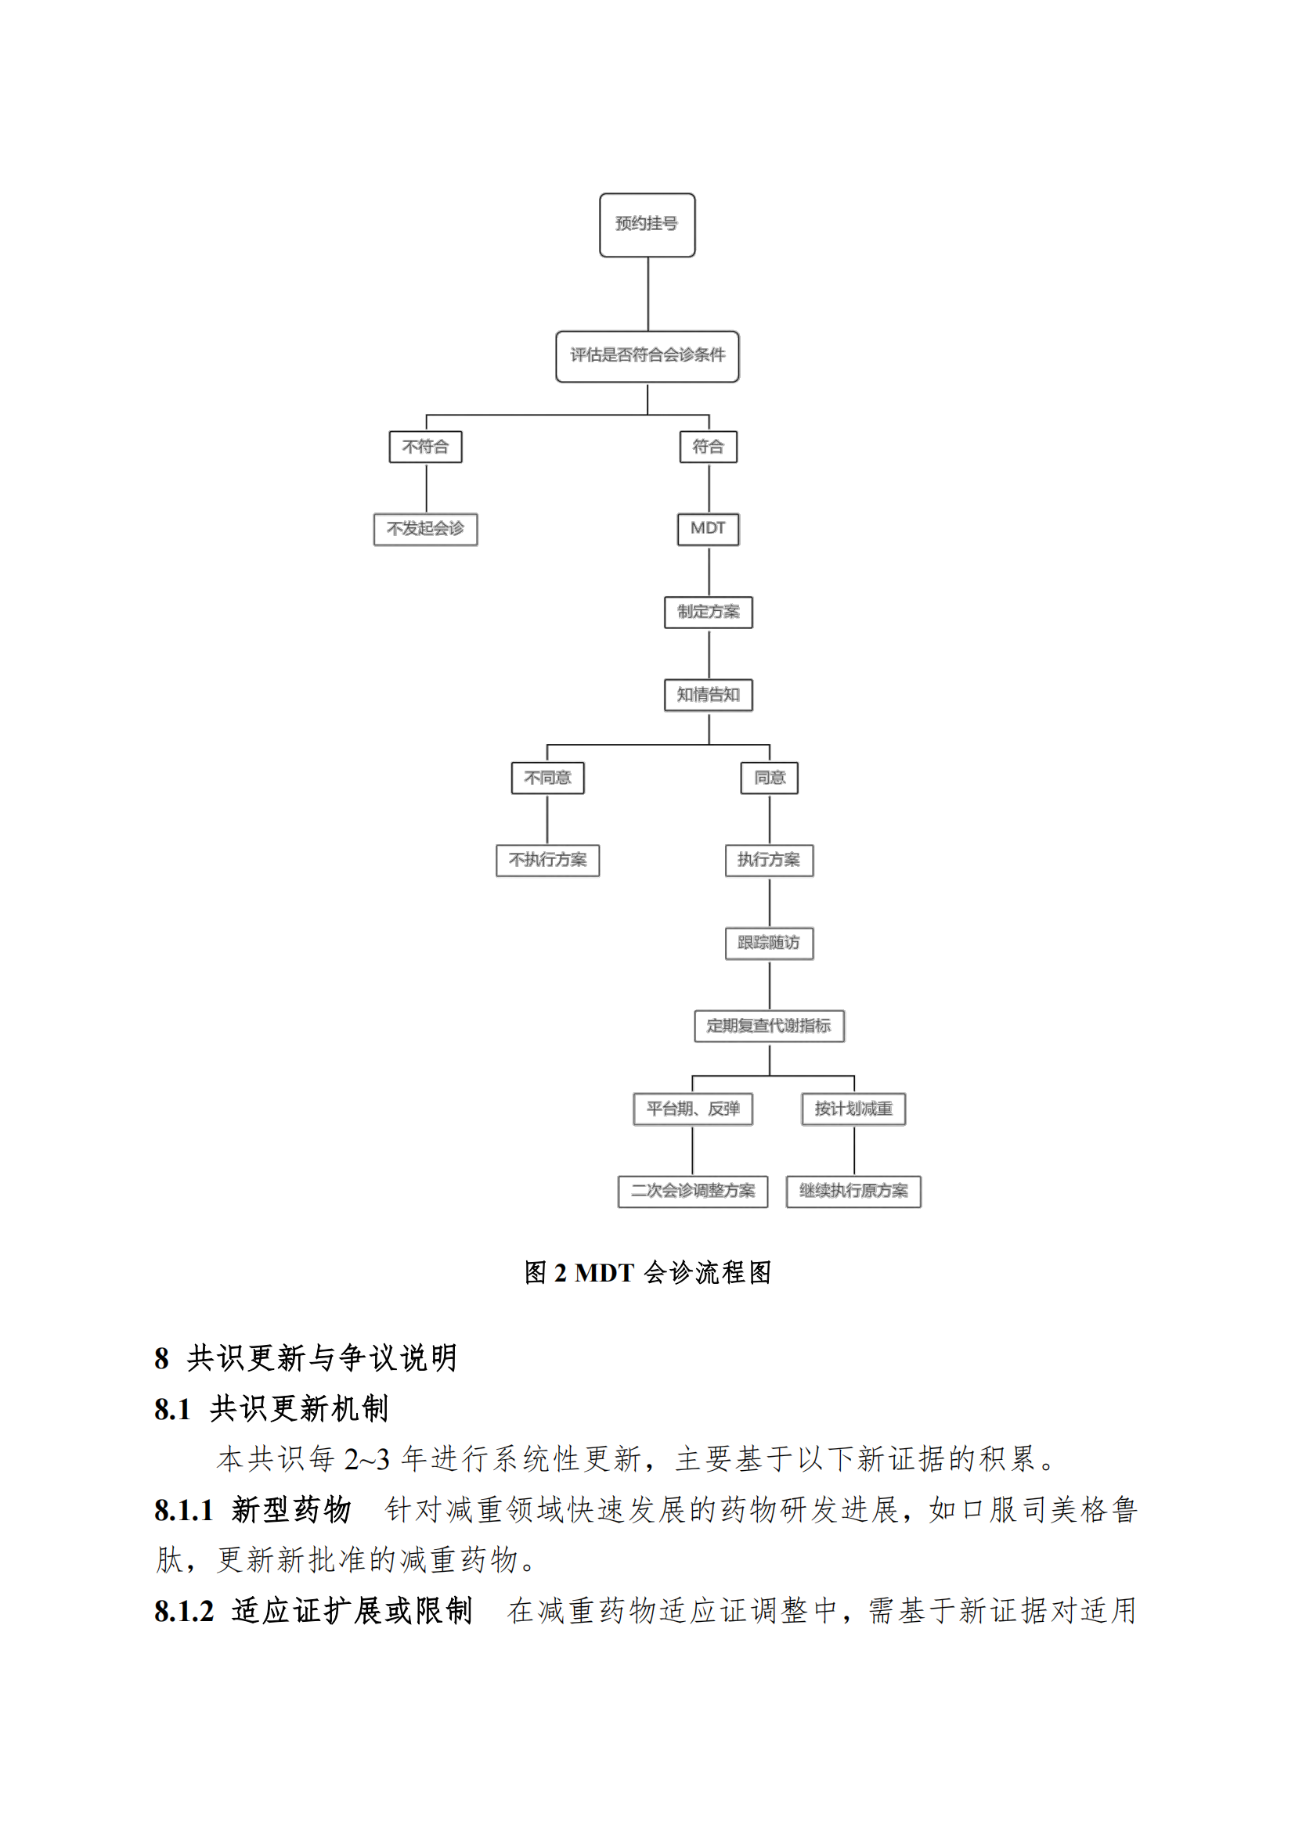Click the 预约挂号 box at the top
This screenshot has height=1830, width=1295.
(x=647, y=225)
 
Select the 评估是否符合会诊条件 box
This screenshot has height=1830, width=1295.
(x=647, y=356)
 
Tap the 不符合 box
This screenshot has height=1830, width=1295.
(x=426, y=446)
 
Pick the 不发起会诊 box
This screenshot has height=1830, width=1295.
(x=426, y=529)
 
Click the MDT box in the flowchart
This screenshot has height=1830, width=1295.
(x=708, y=529)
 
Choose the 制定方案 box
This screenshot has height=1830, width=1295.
(x=708, y=612)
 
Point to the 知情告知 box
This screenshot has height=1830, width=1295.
(x=708, y=695)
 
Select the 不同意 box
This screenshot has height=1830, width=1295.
(x=548, y=778)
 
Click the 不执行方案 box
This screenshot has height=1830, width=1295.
(x=548, y=861)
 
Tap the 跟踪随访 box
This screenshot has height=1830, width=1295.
(x=770, y=944)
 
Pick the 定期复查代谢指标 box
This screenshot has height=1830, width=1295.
(x=770, y=1026)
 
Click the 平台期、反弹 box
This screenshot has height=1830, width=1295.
(x=693, y=1109)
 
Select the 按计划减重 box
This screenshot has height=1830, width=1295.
(x=854, y=1109)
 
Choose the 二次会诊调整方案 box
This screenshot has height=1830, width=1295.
(x=693, y=1192)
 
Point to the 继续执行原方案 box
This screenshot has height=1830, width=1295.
(x=854, y=1192)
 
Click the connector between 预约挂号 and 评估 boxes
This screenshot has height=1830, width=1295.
(x=648, y=294)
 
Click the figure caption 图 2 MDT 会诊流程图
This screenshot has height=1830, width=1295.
(x=647, y=1273)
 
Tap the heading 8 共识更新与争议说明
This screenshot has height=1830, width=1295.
(x=306, y=1358)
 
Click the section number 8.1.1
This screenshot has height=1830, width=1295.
(x=184, y=1510)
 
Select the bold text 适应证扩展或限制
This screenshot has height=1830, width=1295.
(x=352, y=1611)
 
